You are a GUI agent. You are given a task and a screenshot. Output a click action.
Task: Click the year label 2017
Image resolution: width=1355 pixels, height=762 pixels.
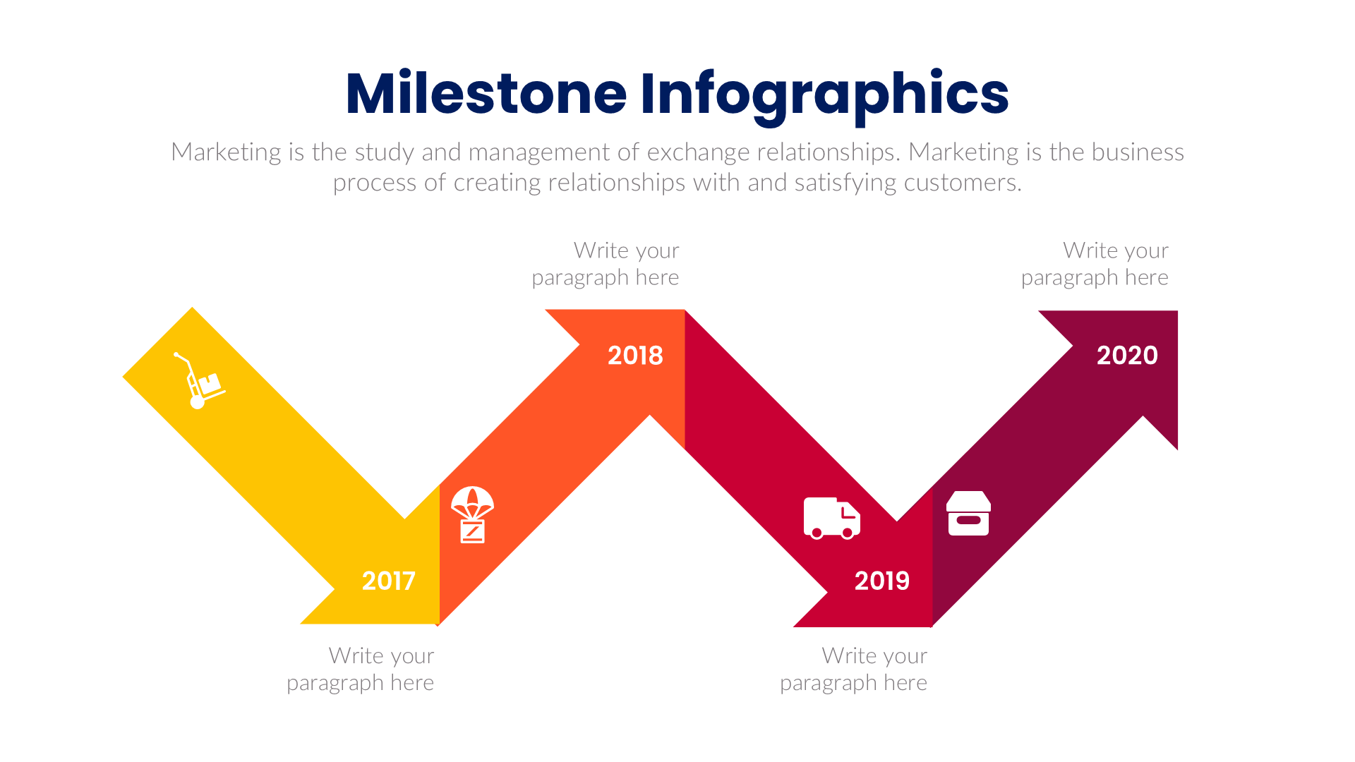(388, 581)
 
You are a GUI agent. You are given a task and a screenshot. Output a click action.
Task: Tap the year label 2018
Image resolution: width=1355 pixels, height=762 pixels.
(635, 355)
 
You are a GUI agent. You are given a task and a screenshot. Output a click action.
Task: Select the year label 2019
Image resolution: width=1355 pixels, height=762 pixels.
(881, 581)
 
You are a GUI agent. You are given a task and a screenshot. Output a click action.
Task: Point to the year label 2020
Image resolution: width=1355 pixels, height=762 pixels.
(1127, 355)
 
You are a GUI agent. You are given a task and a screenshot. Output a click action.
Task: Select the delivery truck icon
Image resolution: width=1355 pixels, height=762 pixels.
(831, 518)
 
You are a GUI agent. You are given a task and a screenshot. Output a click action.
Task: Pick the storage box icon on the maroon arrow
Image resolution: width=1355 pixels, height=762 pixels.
(968, 514)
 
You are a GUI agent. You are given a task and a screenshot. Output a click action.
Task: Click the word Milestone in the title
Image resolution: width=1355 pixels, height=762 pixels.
(486, 93)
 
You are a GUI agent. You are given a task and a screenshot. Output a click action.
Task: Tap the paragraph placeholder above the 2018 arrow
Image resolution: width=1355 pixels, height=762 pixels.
(606, 264)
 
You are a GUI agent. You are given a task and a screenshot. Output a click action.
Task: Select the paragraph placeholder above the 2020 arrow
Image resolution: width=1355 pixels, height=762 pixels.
(1095, 264)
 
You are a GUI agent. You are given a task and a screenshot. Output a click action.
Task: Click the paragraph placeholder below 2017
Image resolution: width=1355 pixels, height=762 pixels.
(360, 669)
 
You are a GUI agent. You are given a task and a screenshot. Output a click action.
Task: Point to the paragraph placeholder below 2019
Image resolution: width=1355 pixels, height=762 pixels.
(853, 669)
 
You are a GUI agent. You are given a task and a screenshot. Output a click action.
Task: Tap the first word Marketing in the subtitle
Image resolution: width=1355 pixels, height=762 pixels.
(226, 152)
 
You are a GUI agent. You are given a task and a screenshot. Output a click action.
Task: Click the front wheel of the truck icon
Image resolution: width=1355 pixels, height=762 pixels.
(847, 533)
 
